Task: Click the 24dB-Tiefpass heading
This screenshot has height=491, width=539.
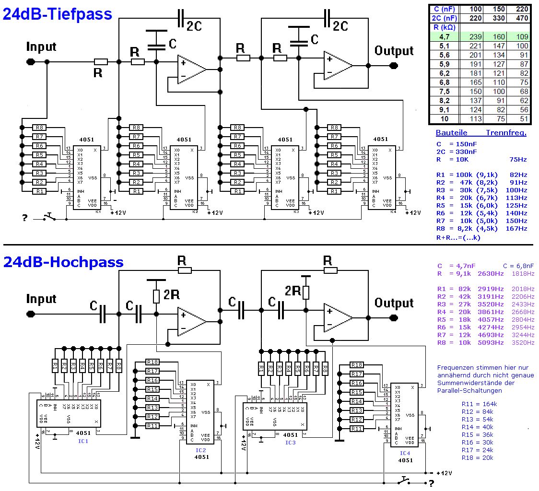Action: click(x=58, y=14)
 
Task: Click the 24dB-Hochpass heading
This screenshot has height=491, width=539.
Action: click(x=63, y=262)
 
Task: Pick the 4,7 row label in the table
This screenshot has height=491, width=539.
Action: click(x=445, y=36)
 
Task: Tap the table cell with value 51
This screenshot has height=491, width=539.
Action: click(x=520, y=119)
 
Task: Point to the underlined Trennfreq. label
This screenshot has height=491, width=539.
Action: click(x=506, y=133)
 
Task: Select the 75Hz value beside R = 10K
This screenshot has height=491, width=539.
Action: click(x=517, y=160)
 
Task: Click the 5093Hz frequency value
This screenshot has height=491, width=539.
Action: click(x=491, y=343)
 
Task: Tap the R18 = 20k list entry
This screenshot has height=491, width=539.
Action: click(x=477, y=457)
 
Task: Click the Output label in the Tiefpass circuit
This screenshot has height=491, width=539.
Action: click(x=394, y=51)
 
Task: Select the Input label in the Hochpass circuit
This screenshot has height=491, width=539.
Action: click(x=41, y=299)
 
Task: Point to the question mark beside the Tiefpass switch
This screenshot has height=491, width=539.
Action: click(x=24, y=219)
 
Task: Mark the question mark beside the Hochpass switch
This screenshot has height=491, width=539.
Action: click(x=431, y=483)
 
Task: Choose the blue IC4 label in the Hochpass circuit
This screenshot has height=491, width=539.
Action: click(x=405, y=453)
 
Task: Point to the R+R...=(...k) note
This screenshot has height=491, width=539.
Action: click(x=458, y=237)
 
